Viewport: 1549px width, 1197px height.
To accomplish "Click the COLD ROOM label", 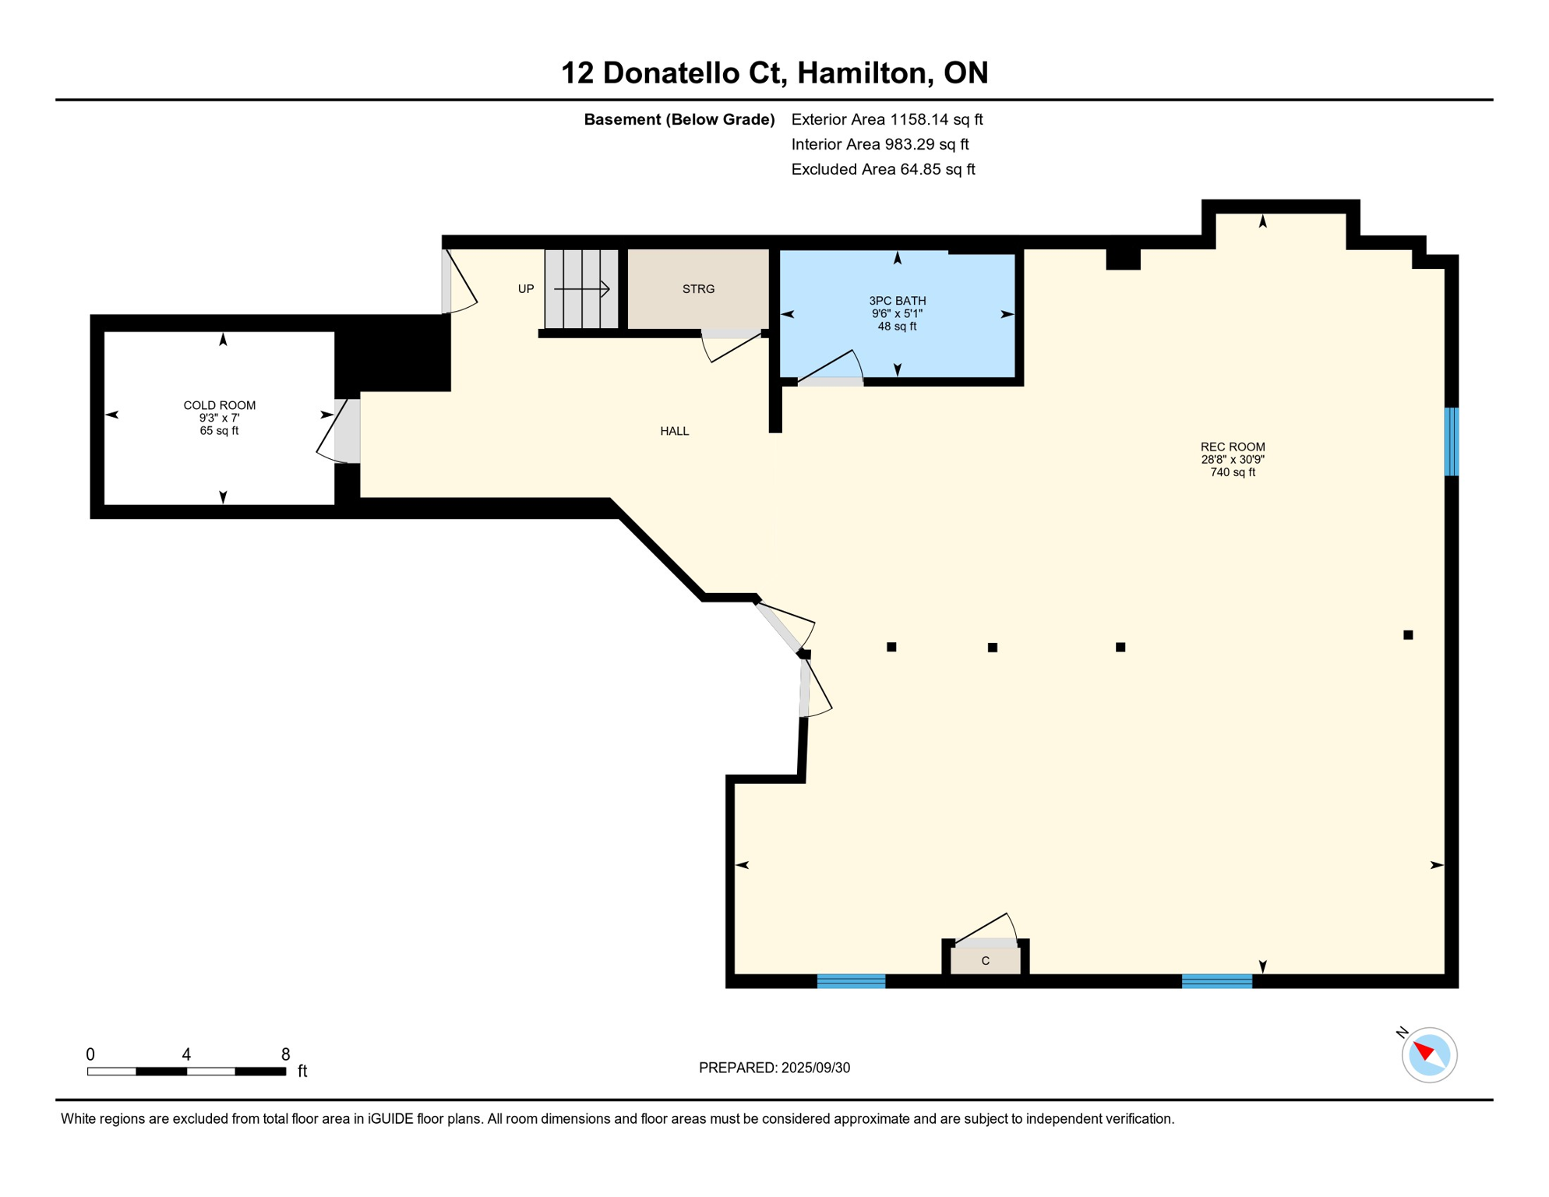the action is tap(220, 405).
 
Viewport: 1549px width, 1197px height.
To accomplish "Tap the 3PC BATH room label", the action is tap(898, 301).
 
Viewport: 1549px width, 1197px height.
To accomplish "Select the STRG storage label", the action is tap(698, 289).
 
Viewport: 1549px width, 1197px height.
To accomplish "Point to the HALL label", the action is tap(675, 431).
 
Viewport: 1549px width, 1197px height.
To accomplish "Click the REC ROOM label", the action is tap(1233, 447).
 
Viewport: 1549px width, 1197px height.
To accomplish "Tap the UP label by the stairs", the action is tap(526, 289).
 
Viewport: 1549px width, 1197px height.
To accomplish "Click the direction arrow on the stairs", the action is tap(581, 289).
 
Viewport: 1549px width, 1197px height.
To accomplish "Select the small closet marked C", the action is tap(986, 961).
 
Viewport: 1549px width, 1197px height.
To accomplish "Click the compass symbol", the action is tap(1429, 1055).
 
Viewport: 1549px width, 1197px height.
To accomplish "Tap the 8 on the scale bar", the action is tap(286, 1054).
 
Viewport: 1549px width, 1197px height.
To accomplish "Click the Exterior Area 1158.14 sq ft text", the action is tap(887, 119).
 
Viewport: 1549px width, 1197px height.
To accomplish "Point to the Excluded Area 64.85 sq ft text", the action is tap(883, 169).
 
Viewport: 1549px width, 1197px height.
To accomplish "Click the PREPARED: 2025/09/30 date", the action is tap(774, 1068).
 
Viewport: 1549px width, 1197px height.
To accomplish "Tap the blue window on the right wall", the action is tap(1451, 441).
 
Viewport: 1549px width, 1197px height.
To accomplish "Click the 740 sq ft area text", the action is tap(1233, 472).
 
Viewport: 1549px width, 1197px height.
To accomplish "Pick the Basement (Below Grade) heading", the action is tap(679, 119).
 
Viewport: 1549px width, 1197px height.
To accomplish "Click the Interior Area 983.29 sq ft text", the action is tap(880, 144).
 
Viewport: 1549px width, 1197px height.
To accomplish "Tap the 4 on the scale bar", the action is tap(186, 1054).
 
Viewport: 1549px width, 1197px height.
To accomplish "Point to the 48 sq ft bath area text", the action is tap(898, 327).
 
